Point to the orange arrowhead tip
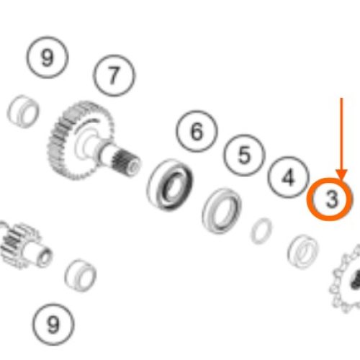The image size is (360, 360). [x=341, y=179]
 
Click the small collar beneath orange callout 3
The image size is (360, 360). [x=303, y=251]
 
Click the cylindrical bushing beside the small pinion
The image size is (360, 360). [x=81, y=275]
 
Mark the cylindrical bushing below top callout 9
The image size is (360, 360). [x=23, y=111]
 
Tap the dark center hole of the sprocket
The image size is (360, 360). [x=356, y=279]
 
